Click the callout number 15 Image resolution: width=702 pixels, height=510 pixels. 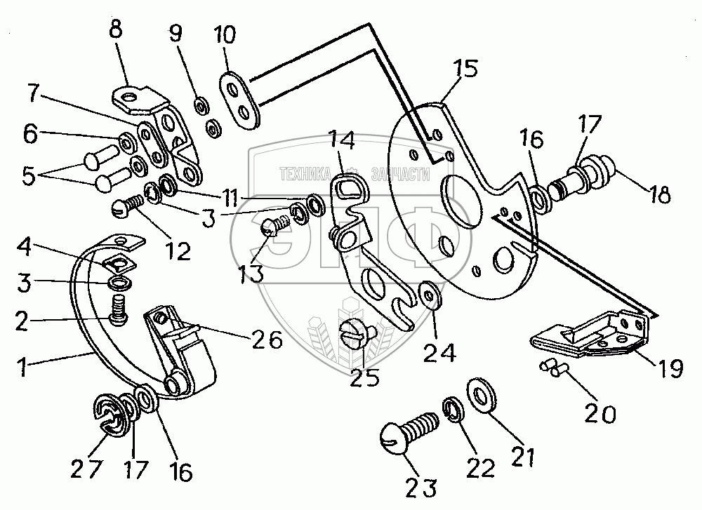pyautogui.click(x=465, y=69)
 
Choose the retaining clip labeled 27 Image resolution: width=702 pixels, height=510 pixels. pyautogui.click(x=105, y=414)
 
